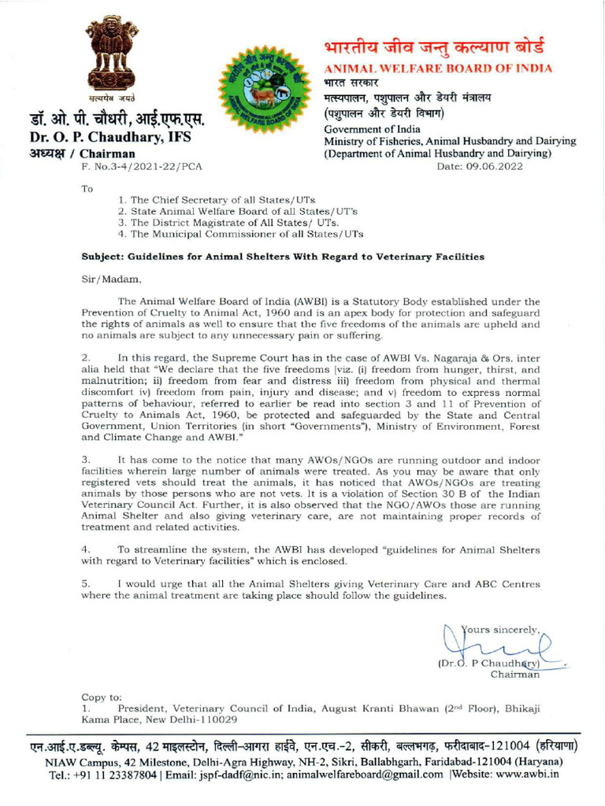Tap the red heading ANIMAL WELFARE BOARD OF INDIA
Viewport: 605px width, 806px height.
pyautogui.click(x=438, y=68)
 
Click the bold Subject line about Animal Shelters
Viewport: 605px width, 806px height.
pyautogui.click(x=283, y=257)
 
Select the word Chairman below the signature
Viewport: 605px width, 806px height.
pyautogui.click(x=514, y=675)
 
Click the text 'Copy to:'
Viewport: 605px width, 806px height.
pyautogui.click(x=102, y=697)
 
